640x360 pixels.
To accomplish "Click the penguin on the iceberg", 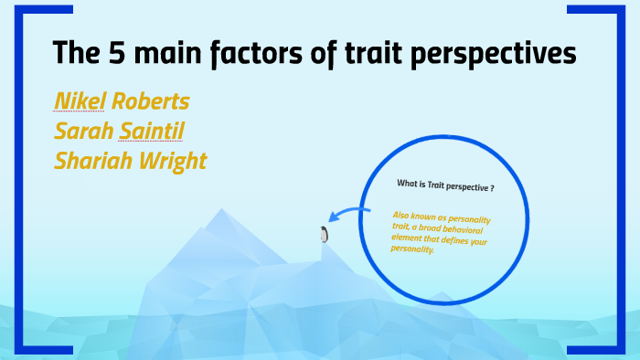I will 323,234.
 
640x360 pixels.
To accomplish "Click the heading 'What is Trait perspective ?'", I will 445,185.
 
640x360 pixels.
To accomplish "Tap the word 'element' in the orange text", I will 408,238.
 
